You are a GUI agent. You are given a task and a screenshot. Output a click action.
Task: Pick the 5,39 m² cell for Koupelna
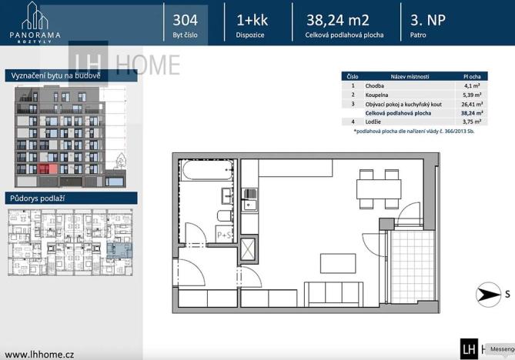point(471,95)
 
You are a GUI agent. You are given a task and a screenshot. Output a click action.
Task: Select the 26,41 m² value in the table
point(471,104)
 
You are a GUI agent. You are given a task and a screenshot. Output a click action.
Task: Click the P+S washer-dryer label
point(225,235)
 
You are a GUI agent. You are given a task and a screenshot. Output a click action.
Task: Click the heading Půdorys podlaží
point(38,198)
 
